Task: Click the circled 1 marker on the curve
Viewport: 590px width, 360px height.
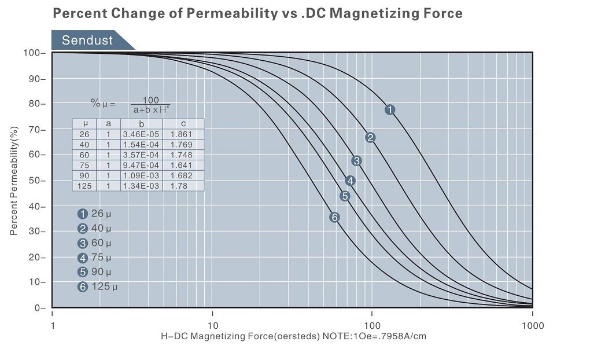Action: click(x=390, y=109)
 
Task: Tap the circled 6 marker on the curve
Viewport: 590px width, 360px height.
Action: click(x=334, y=218)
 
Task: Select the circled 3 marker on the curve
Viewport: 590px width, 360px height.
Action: click(x=356, y=161)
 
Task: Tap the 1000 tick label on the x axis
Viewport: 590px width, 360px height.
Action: click(x=532, y=325)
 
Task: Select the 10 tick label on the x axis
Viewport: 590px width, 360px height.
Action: click(x=212, y=325)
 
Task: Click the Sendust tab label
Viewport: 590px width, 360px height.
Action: click(x=87, y=41)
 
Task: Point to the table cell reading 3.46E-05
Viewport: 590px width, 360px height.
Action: click(x=141, y=134)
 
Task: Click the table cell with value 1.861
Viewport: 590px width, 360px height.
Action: click(x=183, y=134)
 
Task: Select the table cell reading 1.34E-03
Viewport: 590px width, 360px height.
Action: click(x=141, y=186)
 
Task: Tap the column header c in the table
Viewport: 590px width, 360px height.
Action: click(x=183, y=123)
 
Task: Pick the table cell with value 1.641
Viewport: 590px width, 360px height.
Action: click(x=183, y=165)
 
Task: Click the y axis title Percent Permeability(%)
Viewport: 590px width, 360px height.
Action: click(x=14, y=180)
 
